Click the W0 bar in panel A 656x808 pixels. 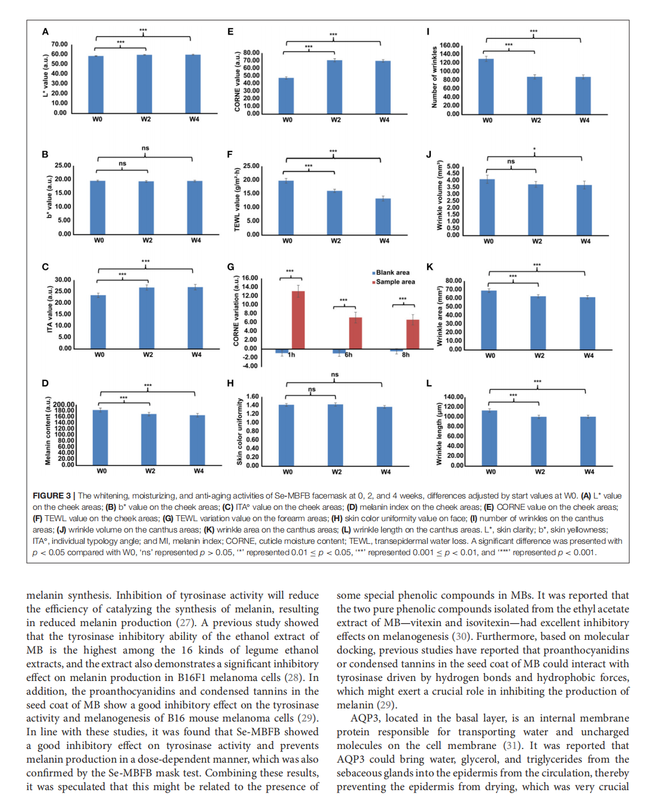(x=96, y=84)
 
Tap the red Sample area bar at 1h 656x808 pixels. (x=298, y=320)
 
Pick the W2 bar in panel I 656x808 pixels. (x=534, y=95)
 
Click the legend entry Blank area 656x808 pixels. (x=392, y=273)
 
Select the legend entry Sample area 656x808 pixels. (x=395, y=282)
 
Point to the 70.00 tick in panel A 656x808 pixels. (x=60, y=44)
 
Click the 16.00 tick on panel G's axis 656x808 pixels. (x=250, y=278)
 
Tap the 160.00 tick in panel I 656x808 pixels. (x=450, y=45)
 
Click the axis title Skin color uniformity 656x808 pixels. (x=240, y=432)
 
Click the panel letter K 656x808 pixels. (x=430, y=267)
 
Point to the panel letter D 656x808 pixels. (x=45, y=383)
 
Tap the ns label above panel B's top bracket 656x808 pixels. (x=145, y=148)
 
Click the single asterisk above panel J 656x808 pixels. (x=534, y=150)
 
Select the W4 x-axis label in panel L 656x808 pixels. (x=589, y=472)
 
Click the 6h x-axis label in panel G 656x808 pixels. (x=349, y=355)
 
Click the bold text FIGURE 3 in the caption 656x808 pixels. (x=52, y=496)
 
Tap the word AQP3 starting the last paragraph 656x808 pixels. (x=363, y=718)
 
